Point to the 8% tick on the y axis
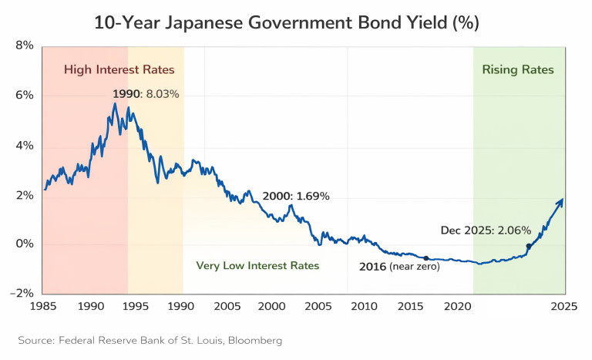(24, 46)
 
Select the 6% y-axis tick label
(24, 96)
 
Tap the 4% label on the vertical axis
(24, 146)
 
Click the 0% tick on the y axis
(24, 244)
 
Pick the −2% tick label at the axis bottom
(21, 294)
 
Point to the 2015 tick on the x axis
(409, 306)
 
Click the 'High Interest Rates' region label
(119, 70)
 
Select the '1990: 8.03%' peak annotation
(146, 94)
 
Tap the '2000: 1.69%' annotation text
(296, 197)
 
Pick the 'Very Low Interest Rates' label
(257, 266)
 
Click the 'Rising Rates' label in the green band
(518, 70)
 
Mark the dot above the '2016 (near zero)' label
(425, 257)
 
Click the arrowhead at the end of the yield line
(561, 201)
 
